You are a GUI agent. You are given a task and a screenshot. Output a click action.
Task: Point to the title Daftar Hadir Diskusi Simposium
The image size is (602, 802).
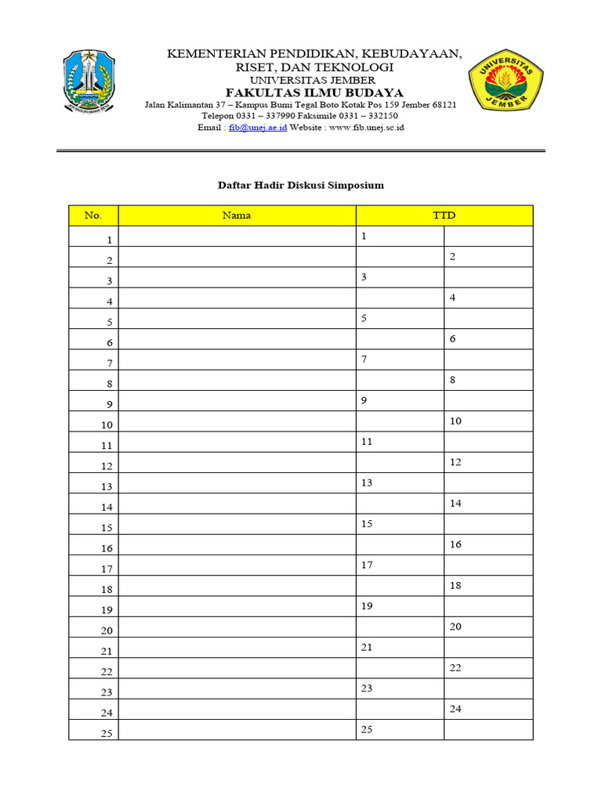coord(300,186)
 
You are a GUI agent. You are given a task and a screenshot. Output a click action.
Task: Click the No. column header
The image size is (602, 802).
coord(93,215)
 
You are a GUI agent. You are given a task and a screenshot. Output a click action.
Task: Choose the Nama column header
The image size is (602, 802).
coord(237,215)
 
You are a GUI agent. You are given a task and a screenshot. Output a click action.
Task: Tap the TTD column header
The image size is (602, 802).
coord(444,215)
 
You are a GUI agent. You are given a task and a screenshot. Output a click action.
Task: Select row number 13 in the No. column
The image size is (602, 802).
coord(107,486)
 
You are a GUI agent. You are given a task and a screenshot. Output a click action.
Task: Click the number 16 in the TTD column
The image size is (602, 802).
coord(455,544)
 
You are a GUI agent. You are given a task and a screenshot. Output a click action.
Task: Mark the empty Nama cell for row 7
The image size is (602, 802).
coord(237,359)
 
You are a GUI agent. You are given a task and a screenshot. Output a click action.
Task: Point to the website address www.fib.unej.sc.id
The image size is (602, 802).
coord(361,127)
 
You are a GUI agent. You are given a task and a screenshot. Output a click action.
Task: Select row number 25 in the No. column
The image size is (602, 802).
coord(107,733)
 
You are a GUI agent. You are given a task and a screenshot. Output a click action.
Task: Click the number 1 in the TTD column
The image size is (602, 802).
coord(364,236)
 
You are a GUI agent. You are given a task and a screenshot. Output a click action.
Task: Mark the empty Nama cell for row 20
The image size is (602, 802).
coord(237,627)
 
